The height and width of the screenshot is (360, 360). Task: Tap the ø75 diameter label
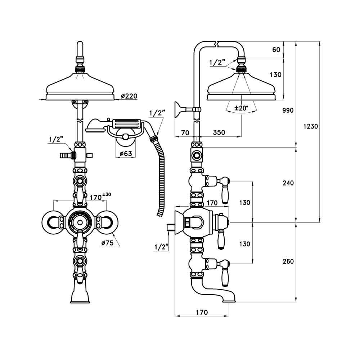click(107, 243)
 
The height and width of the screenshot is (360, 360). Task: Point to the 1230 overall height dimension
click(310, 127)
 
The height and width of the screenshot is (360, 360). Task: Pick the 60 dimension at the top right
click(276, 50)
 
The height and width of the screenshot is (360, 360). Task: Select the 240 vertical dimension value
click(288, 183)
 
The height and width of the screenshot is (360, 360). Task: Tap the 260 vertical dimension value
click(288, 261)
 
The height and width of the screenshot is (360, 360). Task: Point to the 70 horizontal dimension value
click(185, 132)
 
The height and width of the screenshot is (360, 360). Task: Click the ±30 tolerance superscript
click(107, 194)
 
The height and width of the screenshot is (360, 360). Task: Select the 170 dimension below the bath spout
click(202, 312)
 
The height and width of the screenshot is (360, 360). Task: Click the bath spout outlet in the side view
click(229, 300)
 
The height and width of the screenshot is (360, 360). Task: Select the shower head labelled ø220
click(80, 88)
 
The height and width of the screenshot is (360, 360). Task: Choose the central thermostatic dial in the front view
click(80, 222)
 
